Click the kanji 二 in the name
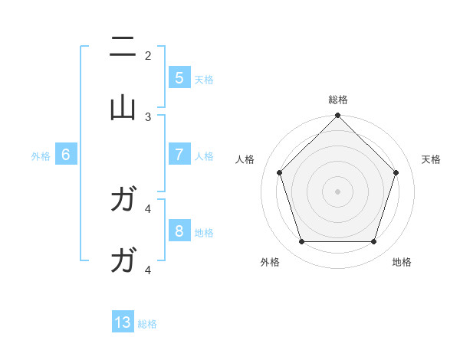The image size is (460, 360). pyautogui.click(x=123, y=47)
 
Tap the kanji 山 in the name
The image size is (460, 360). pyautogui.click(x=123, y=108)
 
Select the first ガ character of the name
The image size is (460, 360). pyautogui.click(x=123, y=201)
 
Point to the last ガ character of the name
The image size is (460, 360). pyautogui.click(x=123, y=261)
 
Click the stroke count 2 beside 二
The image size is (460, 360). pyautogui.click(x=148, y=55)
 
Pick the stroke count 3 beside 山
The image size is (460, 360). pyautogui.click(x=148, y=116)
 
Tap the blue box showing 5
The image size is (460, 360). pyautogui.click(x=179, y=77)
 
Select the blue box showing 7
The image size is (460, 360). pyautogui.click(x=179, y=154)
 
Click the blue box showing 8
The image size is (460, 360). pyautogui.click(x=179, y=231)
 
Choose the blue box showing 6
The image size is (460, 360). pyautogui.click(x=66, y=154)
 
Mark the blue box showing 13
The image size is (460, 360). pyautogui.click(x=123, y=322)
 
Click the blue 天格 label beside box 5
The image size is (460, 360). pyautogui.click(x=204, y=79)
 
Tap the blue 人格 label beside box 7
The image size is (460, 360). pyautogui.click(x=204, y=155)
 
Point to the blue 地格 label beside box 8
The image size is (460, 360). pyautogui.click(x=204, y=232)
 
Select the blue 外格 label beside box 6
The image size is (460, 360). pyautogui.click(x=41, y=155)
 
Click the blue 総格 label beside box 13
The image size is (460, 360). pyautogui.click(x=147, y=324)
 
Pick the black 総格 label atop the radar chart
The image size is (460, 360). pyautogui.click(x=337, y=100)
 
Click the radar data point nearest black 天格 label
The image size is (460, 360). pyautogui.click(x=396, y=172)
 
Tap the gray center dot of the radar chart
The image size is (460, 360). pyautogui.click(x=337, y=191)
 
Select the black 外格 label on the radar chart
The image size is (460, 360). pyautogui.click(x=270, y=262)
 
